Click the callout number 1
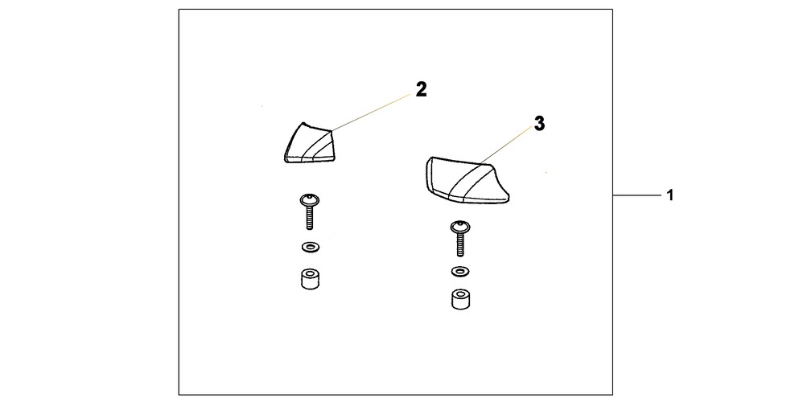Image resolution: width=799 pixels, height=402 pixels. (x=670, y=195)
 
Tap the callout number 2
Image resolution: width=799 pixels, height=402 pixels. (x=421, y=89)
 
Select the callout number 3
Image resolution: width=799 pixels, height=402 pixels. (x=539, y=124)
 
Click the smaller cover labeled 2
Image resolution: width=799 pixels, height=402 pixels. (x=308, y=143)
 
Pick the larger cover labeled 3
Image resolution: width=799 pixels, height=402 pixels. (x=466, y=181)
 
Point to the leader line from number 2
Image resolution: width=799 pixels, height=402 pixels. (x=372, y=113)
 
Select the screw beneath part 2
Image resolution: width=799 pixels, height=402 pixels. (x=310, y=211)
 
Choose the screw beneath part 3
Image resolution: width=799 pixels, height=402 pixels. (x=459, y=239)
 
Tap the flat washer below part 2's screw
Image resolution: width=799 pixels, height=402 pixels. (x=311, y=248)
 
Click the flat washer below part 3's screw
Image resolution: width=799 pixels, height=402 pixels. (x=460, y=271)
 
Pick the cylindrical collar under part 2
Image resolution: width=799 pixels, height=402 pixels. (x=311, y=279)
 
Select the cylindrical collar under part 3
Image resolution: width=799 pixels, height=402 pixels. (x=460, y=299)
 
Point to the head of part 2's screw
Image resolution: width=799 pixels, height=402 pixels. (x=310, y=199)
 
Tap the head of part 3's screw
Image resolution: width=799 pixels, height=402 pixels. (x=459, y=227)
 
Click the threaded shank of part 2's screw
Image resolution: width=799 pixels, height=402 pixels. (x=309, y=218)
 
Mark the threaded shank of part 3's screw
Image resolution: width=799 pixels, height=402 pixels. (x=459, y=245)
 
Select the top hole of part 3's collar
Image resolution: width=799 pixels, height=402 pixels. (x=460, y=294)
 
